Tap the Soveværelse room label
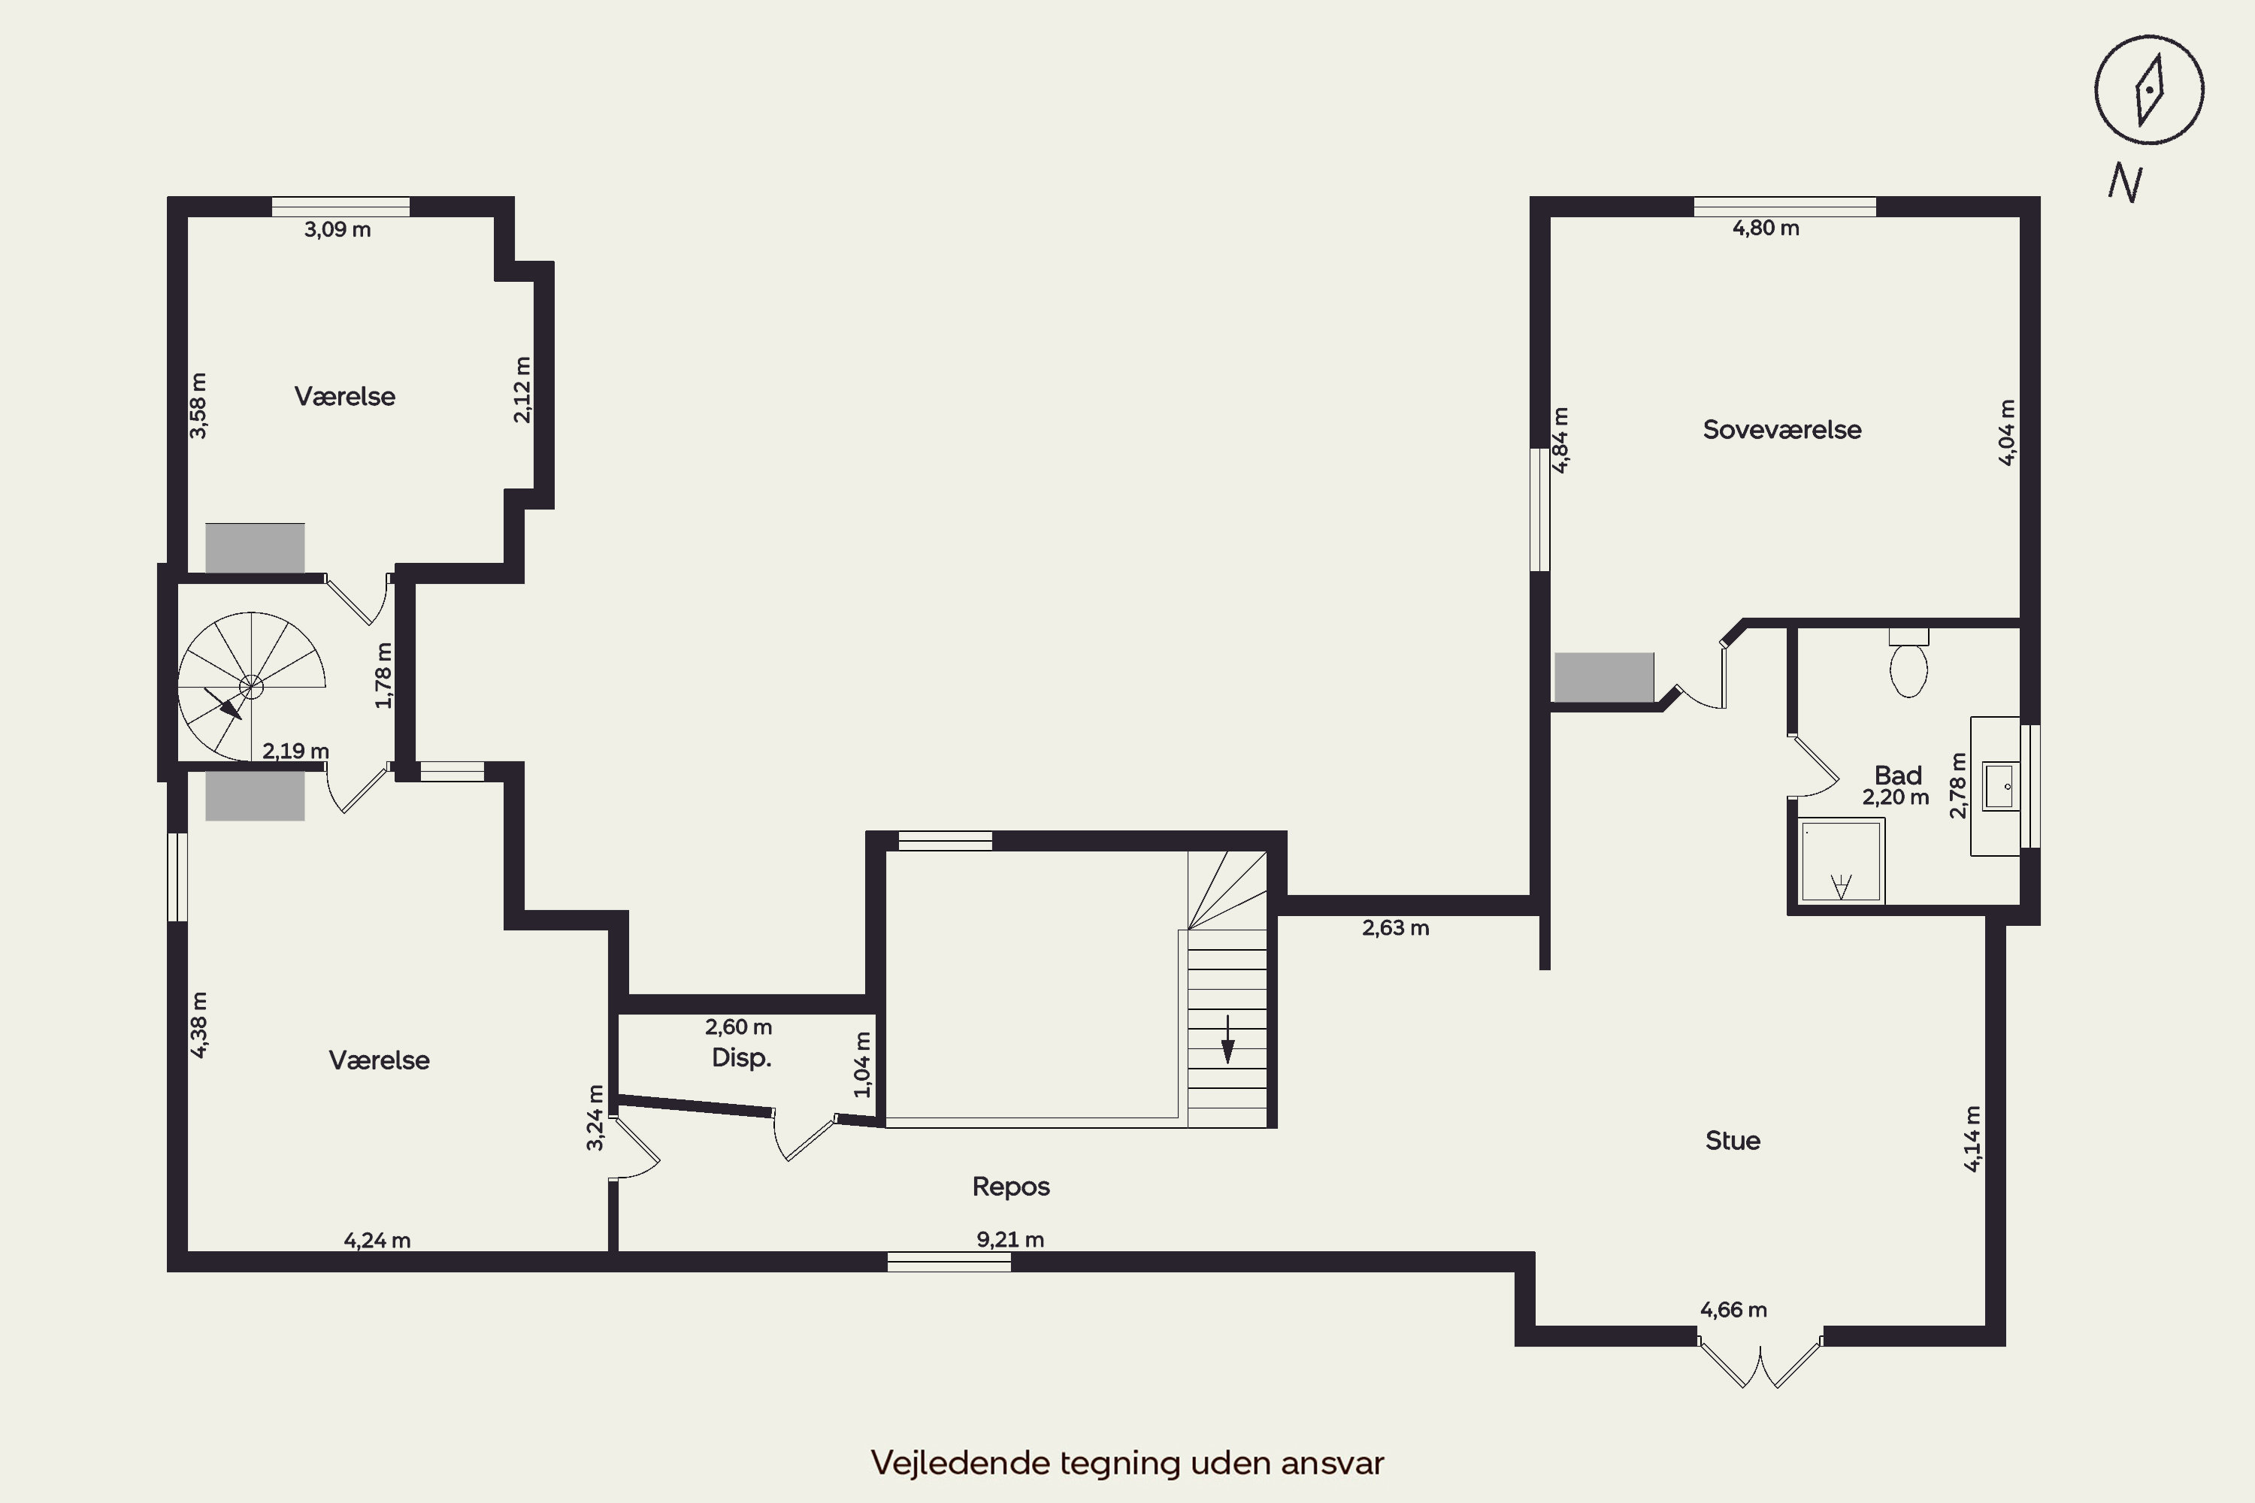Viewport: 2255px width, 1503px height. (x=1781, y=429)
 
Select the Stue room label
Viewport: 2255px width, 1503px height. (x=1733, y=1141)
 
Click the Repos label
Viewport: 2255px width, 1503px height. (x=1010, y=1187)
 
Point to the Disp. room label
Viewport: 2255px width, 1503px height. (x=741, y=1058)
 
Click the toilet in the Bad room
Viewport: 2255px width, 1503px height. (x=1908, y=662)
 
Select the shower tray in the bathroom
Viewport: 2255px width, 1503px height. (x=1841, y=860)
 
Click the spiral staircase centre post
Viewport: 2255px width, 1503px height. (x=251, y=686)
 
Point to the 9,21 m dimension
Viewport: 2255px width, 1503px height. (x=1009, y=1239)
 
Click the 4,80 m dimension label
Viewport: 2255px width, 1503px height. (x=1765, y=228)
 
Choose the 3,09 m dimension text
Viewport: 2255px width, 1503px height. (x=337, y=230)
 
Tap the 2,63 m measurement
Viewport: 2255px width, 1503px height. (x=1395, y=928)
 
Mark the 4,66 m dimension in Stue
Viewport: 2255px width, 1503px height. (x=1733, y=1309)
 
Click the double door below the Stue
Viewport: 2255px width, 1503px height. (x=1760, y=1362)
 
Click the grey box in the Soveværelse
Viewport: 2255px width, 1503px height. (x=1604, y=678)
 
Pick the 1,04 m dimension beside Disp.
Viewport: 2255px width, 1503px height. (x=862, y=1064)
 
